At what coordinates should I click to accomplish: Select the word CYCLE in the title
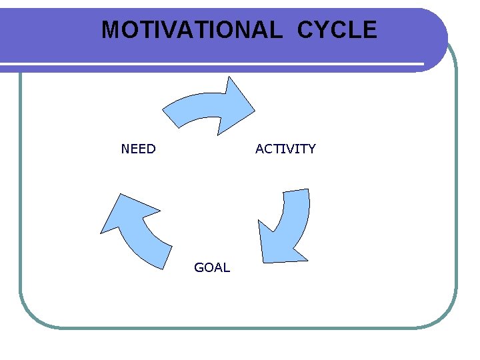[x=337, y=30]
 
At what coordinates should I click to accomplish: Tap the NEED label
[x=138, y=149]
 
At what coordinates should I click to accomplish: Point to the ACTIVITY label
[x=285, y=149]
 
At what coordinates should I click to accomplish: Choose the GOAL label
[x=212, y=267]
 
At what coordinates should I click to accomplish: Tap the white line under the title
[x=213, y=65]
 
